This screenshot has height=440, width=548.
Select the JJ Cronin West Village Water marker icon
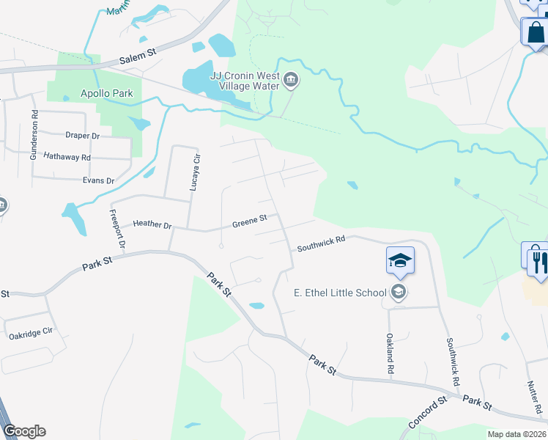click(x=291, y=80)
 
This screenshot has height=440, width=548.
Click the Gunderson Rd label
click(x=34, y=135)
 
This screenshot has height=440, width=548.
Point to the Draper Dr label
click(x=82, y=136)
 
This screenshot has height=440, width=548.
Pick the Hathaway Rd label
click(x=67, y=157)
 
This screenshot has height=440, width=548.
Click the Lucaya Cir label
click(x=195, y=173)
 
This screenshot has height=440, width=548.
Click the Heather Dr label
click(x=152, y=224)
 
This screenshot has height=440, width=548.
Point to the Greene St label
click(x=251, y=224)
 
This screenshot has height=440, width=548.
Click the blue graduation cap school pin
click(x=401, y=260)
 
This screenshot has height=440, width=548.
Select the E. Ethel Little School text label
click(x=340, y=293)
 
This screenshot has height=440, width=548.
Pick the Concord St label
click(x=427, y=413)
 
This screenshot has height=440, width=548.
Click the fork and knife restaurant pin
click(x=541, y=260)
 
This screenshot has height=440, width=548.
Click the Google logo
click(x=24, y=431)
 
